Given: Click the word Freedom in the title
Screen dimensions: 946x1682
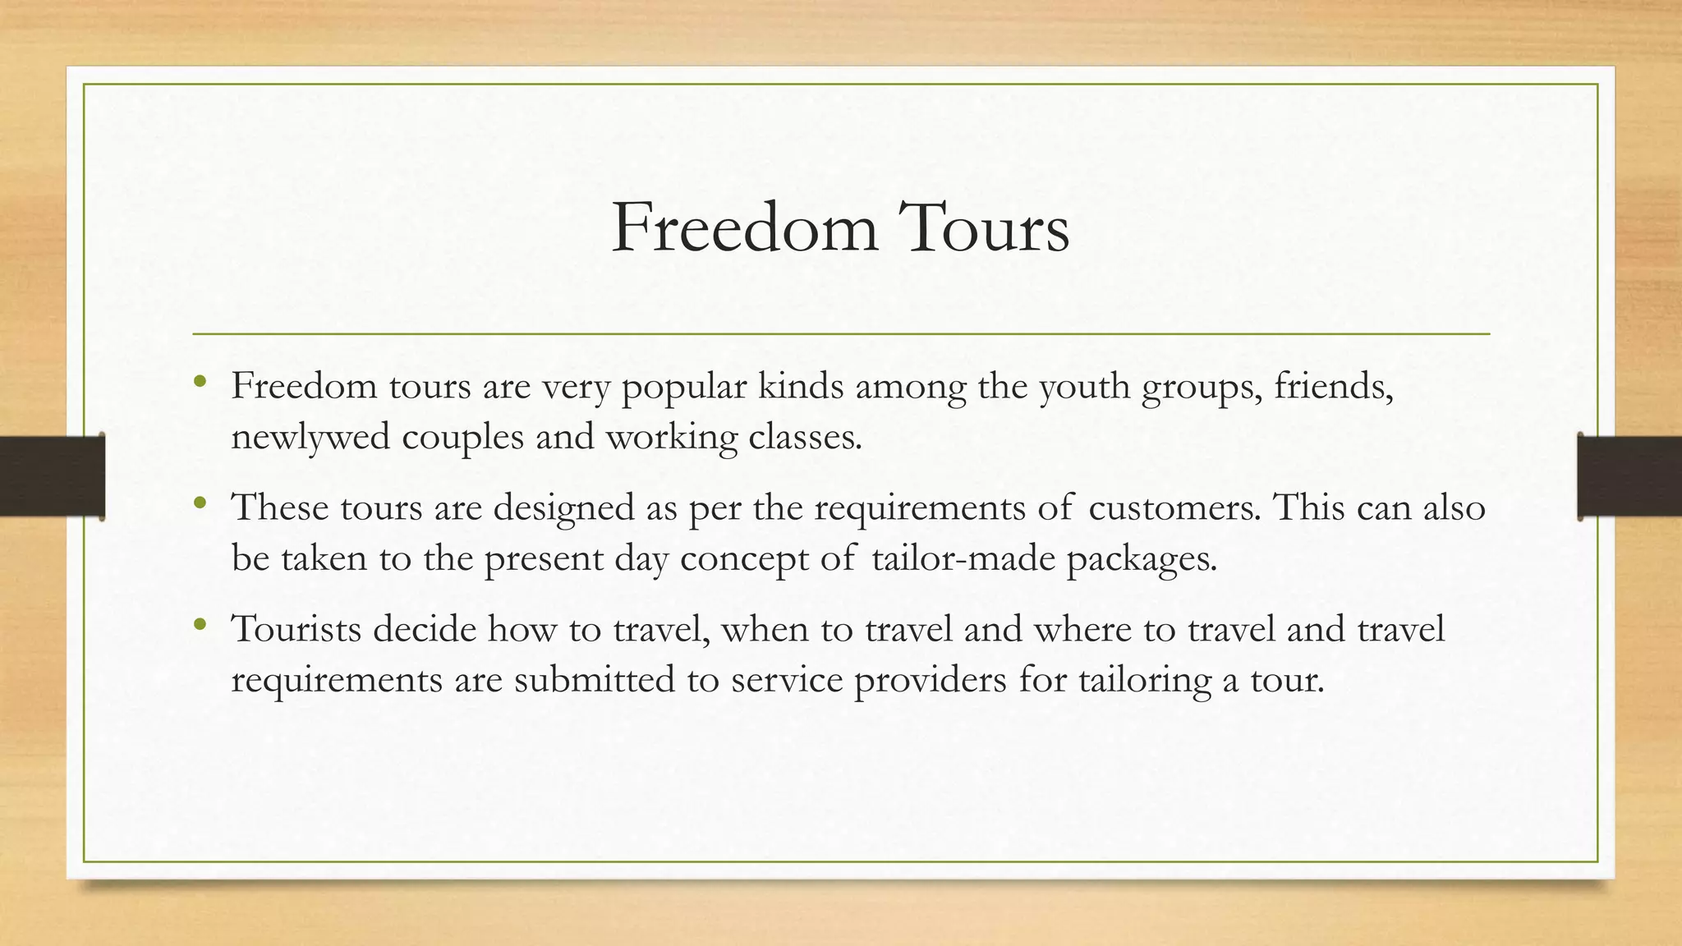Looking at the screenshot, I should coord(744,227).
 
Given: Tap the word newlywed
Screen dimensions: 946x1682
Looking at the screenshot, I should coord(310,437).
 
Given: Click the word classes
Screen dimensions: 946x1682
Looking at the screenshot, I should coord(805,437).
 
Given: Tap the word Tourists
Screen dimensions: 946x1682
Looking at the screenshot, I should coord(296,630).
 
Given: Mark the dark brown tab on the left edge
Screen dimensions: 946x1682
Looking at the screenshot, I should coord(52,476).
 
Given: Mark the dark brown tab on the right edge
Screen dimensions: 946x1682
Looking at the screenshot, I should coord(1629,476).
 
